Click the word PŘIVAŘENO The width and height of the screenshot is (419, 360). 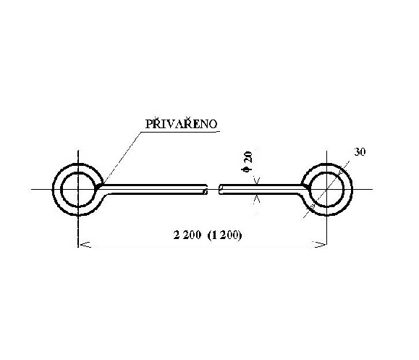click(x=181, y=124)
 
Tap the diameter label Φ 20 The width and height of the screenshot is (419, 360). click(x=247, y=162)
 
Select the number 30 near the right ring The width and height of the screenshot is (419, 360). click(x=360, y=152)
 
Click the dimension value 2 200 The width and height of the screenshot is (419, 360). click(x=187, y=235)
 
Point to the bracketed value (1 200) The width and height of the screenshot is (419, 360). click(x=224, y=235)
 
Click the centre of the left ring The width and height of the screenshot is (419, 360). click(x=78, y=189)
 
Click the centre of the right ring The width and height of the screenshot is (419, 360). click(x=326, y=189)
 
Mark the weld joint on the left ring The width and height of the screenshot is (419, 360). click(x=100, y=185)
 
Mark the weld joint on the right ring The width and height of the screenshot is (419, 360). click(x=305, y=186)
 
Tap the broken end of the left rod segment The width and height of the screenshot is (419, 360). click(x=206, y=189)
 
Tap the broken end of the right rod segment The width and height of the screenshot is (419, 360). click(x=221, y=189)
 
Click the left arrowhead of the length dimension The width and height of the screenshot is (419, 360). click(x=85, y=244)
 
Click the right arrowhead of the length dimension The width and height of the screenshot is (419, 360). click(x=320, y=244)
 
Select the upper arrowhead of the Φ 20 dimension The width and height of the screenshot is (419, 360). click(x=257, y=181)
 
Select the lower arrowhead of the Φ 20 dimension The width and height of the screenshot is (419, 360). click(x=257, y=198)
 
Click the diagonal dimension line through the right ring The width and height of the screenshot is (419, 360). click(x=326, y=189)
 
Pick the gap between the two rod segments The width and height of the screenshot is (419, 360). click(x=213, y=189)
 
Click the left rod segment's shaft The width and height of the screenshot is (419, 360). click(x=152, y=189)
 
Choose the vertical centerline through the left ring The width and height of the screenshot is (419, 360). click(x=78, y=198)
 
